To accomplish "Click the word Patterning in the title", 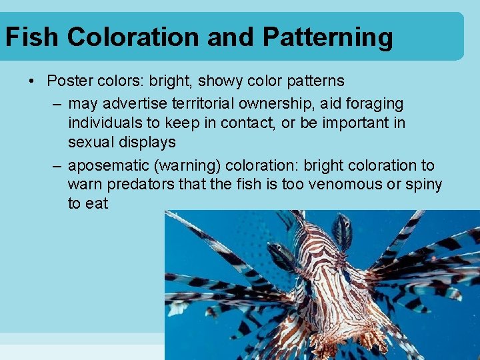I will (x=327, y=37).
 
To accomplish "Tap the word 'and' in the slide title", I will (x=231, y=37).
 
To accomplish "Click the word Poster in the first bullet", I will (x=69, y=81).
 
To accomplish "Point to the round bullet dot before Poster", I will (x=31, y=82).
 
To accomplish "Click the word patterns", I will (x=311, y=81).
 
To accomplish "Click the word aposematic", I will (x=107, y=165).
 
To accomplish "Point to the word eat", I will (x=97, y=203).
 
